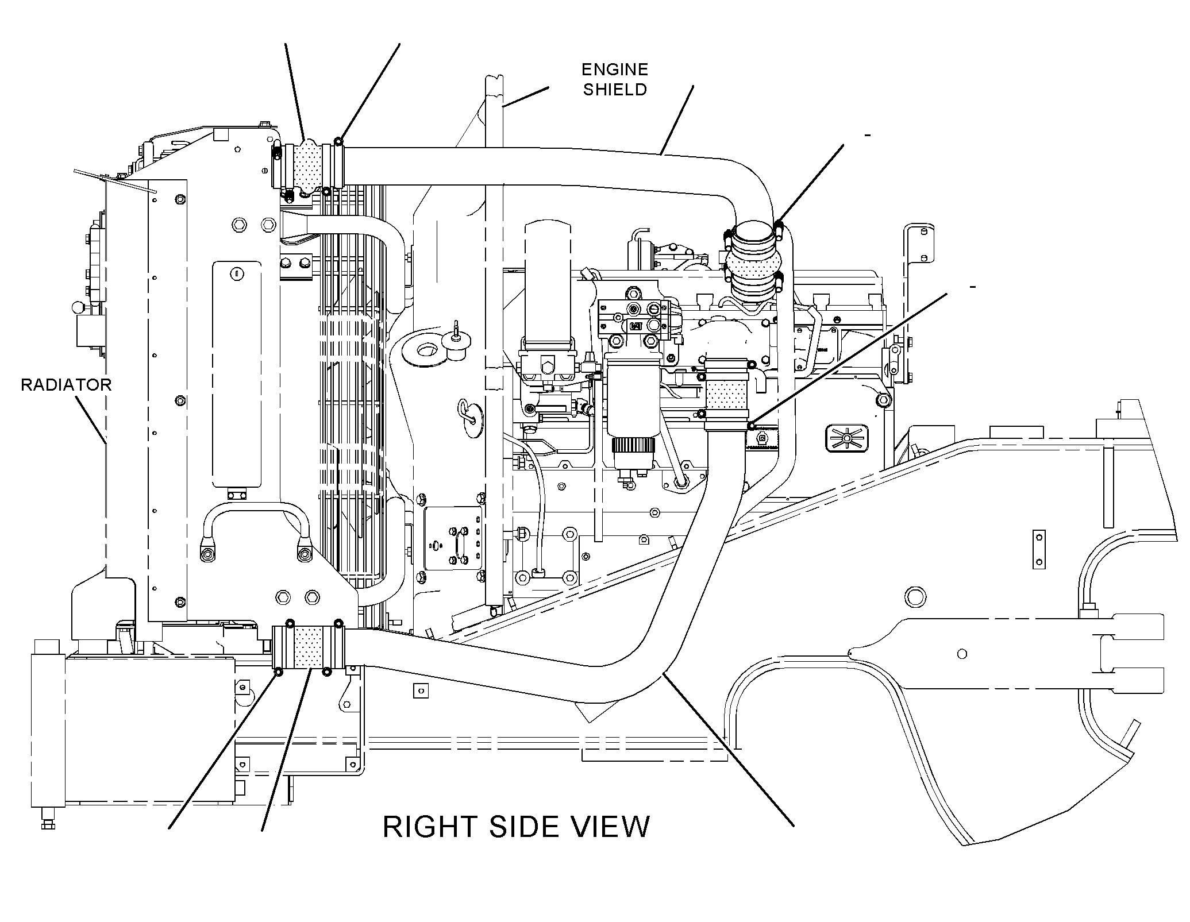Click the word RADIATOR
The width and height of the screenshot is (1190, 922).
pyautogui.click(x=66, y=384)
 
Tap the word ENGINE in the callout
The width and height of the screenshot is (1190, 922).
pyautogui.click(x=615, y=70)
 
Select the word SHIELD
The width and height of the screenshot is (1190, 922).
pyautogui.click(x=615, y=90)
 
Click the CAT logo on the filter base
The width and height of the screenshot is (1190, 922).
pyautogui.click(x=636, y=326)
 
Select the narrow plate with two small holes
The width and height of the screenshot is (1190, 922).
pyautogui.click(x=1038, y=550)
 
